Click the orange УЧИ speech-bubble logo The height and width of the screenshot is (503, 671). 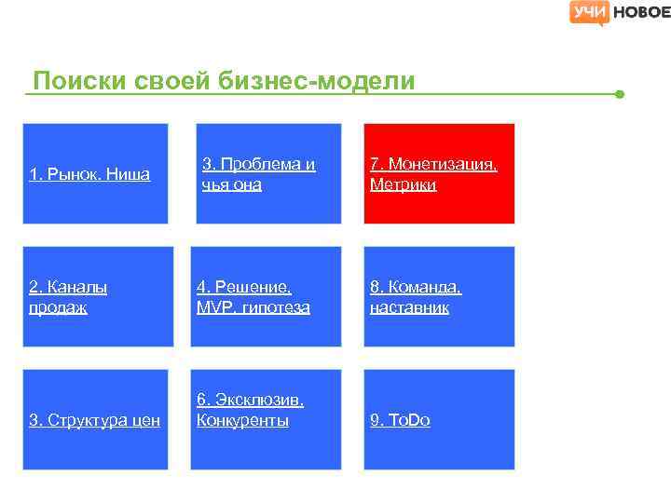point(589,12)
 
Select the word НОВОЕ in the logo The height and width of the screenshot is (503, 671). point(640,12)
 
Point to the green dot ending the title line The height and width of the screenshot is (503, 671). point(620,94)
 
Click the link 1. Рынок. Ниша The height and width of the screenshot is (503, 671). point(89,174)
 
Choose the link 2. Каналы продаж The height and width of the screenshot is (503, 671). point(68,297)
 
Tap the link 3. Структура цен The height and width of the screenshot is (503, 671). point(94,421)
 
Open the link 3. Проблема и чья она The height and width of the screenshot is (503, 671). point(258,174)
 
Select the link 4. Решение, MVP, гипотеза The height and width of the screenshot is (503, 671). point(253,297)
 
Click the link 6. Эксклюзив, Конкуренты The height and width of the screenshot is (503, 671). point(249,410)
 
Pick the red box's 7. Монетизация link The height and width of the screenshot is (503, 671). point(433,165)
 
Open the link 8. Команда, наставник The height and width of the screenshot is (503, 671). point(416,297)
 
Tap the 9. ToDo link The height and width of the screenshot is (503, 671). point(400,421)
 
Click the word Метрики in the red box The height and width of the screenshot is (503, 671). point(403,185)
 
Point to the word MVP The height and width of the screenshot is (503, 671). point(213,307)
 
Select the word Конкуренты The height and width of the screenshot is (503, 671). point(242,421)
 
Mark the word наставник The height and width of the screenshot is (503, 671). point(409,307)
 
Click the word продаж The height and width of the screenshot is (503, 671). point(58,307)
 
